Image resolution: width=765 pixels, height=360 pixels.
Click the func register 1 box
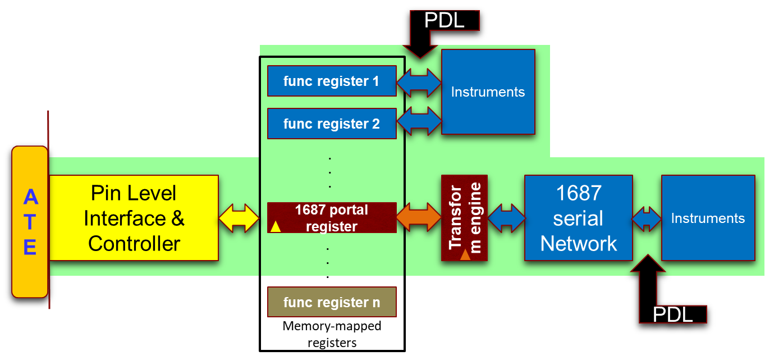(332, 81)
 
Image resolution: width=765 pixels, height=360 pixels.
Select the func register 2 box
(332, 124)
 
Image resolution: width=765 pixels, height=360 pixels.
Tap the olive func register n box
(332, 302)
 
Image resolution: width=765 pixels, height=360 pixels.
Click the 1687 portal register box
(332, 218)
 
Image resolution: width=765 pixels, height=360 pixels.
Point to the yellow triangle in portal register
(276, 227)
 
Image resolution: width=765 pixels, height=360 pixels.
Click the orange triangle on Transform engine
(465, 255)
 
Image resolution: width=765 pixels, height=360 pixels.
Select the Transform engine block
(464, 218)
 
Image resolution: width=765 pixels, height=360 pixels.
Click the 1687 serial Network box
(579, 218)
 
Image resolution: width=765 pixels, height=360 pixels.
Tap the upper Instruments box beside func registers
(488, 92)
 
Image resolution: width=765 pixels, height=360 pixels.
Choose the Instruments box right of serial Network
(708, 218)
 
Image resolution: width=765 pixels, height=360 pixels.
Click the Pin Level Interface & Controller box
(134, 218)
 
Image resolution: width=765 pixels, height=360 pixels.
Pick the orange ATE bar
(30, 222)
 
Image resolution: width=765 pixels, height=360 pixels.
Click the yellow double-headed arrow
(239, 218)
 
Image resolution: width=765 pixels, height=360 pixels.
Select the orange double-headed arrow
(419, 217)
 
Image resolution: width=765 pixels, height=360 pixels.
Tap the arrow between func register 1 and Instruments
(419, 83)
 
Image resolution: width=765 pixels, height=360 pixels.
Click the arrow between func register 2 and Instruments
(419, 121)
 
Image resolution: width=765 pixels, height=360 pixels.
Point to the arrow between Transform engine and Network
(506, 218)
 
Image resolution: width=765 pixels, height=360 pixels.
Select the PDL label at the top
(445, 20)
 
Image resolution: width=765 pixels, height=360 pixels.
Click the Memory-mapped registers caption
(332, 334)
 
